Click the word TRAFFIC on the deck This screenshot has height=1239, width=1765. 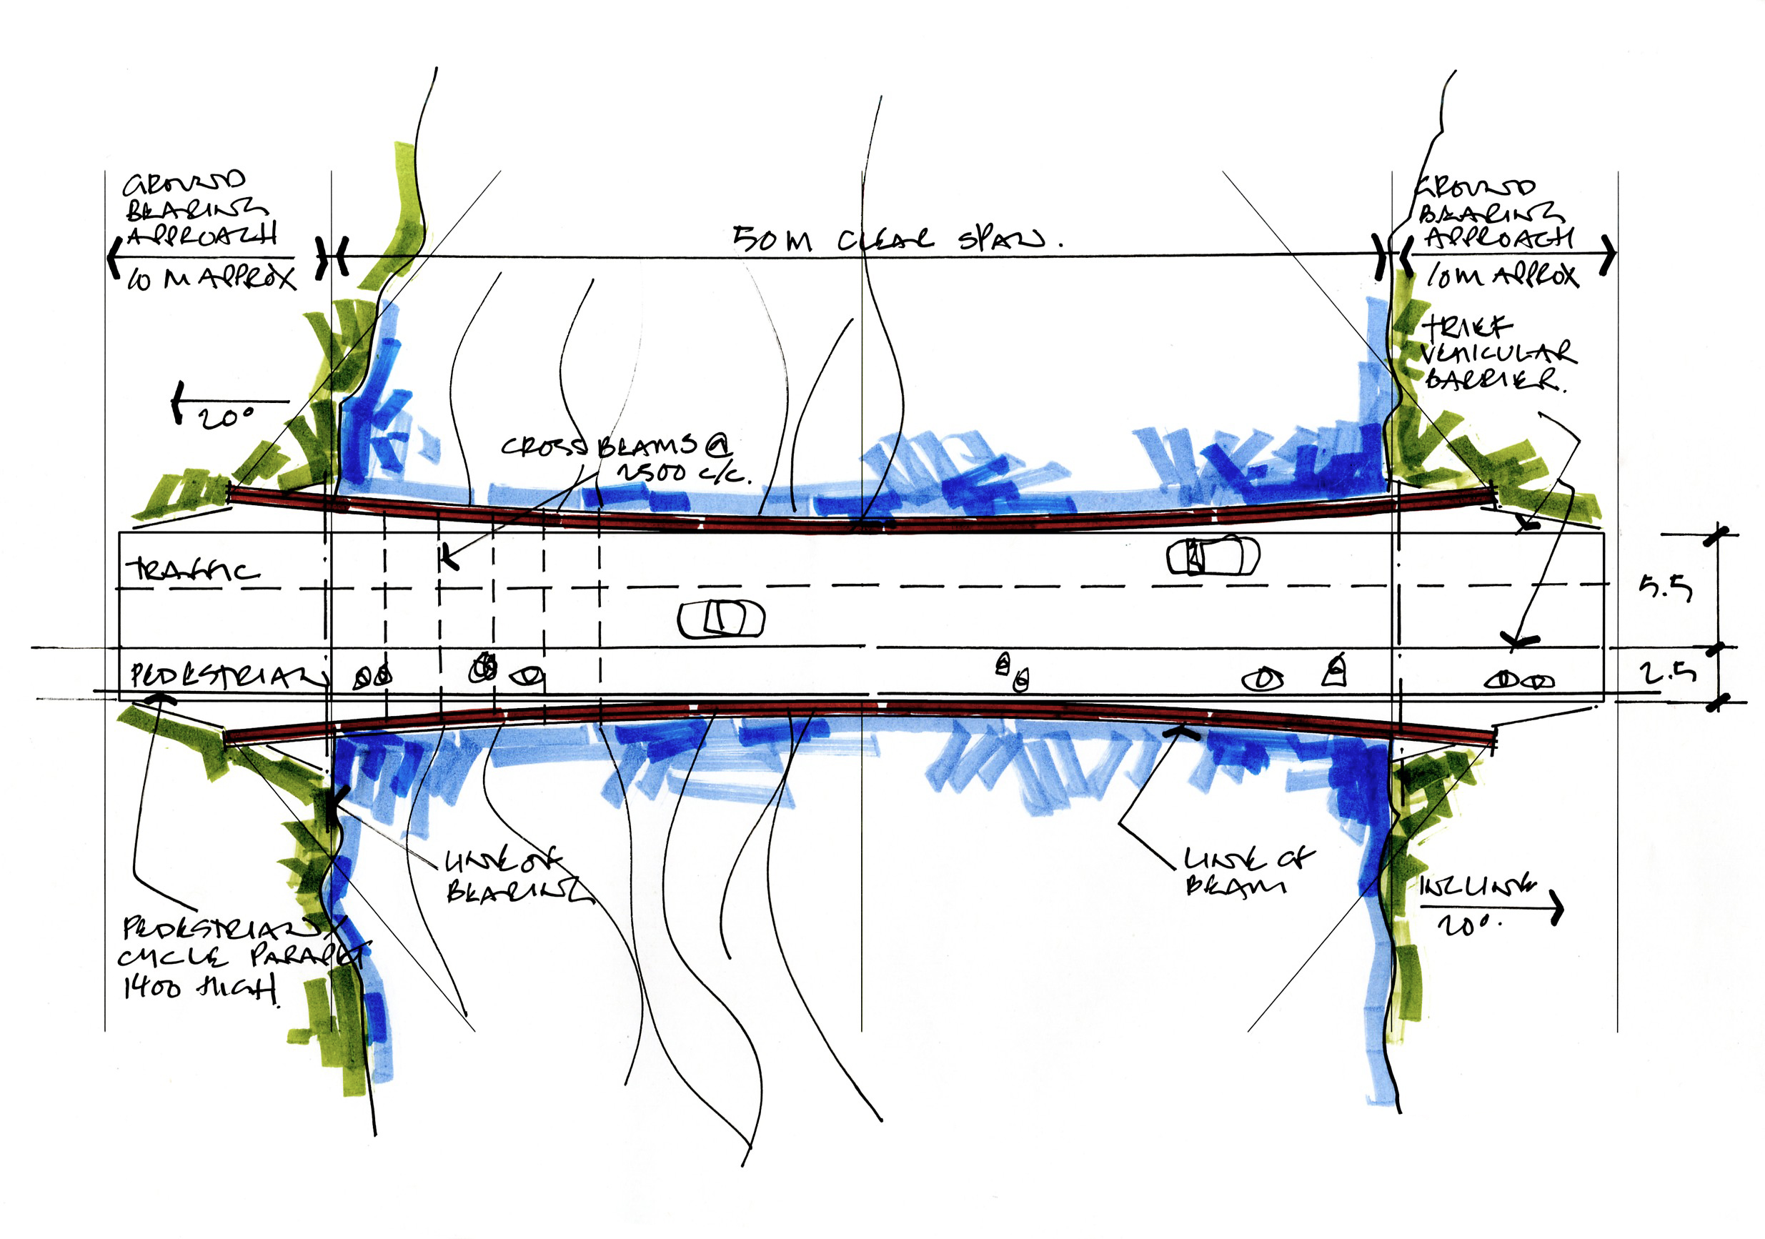point(192,570)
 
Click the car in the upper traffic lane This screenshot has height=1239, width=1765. point(1213,556)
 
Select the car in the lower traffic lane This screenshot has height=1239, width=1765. point(721,619)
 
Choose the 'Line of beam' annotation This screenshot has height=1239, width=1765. point(1247,871)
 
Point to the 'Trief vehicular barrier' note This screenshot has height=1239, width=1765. point(1495,354)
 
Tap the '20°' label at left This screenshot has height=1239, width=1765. point(226,417)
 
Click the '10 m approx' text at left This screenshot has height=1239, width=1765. point(212,278)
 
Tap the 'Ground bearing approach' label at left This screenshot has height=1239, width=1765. point(200,207)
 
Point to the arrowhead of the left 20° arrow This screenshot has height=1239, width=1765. point(178,402)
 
